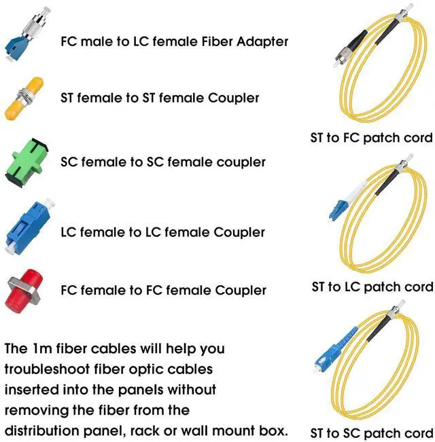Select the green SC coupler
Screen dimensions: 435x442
pos(24,161)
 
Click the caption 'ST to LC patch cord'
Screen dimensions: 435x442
pos(372,287)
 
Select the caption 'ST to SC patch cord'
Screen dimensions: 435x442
pos(371,432)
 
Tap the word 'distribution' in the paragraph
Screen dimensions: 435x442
pos(40,430)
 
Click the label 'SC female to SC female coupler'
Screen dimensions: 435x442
pos(163,162)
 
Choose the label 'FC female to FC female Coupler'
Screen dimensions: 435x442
pos(164,291)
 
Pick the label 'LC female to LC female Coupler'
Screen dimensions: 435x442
pos(163,232)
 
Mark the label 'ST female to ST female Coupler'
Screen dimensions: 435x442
pos(160,98)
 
